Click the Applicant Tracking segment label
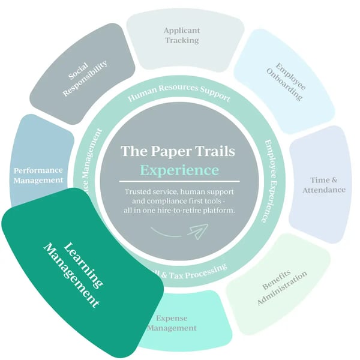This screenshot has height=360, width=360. click(x=182, y=35)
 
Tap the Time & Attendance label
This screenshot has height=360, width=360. click(x=328, y=185)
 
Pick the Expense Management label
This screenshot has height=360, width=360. click(x=172, y=323)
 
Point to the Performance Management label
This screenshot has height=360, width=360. click(x=38, y=175)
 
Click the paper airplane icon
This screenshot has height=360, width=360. click(x=197, y=230)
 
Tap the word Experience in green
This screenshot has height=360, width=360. click(x=179, y=170)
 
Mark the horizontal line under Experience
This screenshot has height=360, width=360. click(x=179, y=181)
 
